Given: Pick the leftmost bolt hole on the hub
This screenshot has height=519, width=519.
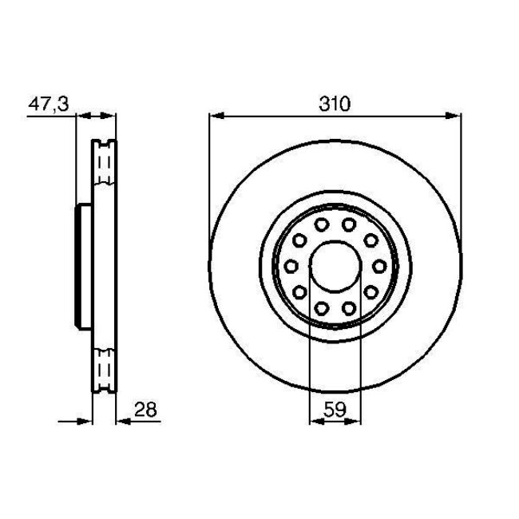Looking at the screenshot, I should [x=291, y=265].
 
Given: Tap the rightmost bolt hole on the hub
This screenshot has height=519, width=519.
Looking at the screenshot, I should [x=378, y=265].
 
